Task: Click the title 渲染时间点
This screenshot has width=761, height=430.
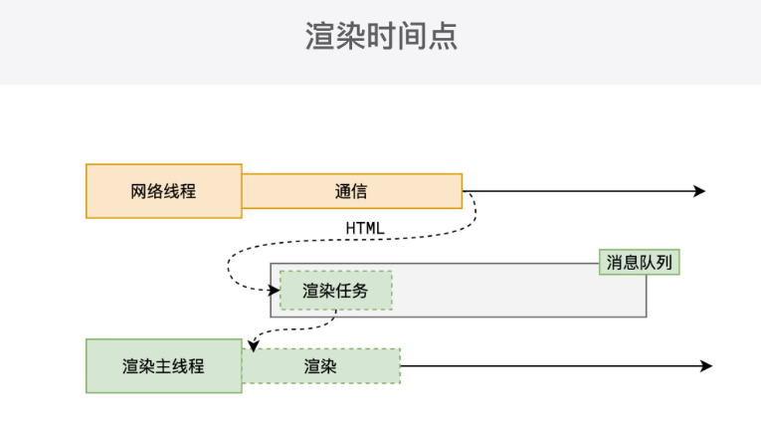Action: point(381,37)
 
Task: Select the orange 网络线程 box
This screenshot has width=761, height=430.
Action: point(163,191)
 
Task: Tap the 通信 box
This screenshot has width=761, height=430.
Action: point(351,191)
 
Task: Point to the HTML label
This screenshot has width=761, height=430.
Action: point(365,228)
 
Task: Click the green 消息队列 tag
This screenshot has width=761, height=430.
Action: point(640,262)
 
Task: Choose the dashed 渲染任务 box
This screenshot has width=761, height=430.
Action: point(335,291)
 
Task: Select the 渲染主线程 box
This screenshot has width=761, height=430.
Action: point(163,366)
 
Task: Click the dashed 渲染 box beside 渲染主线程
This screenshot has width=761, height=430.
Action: point(320,366)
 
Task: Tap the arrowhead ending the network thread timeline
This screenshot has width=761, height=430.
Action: point(699,191)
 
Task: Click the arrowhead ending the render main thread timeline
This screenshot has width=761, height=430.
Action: point(706,366)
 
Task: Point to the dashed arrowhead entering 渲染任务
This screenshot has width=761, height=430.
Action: point(274,290)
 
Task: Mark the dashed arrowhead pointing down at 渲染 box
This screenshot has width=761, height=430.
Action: point(254,346)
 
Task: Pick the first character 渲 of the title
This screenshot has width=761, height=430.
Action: point(319,37)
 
